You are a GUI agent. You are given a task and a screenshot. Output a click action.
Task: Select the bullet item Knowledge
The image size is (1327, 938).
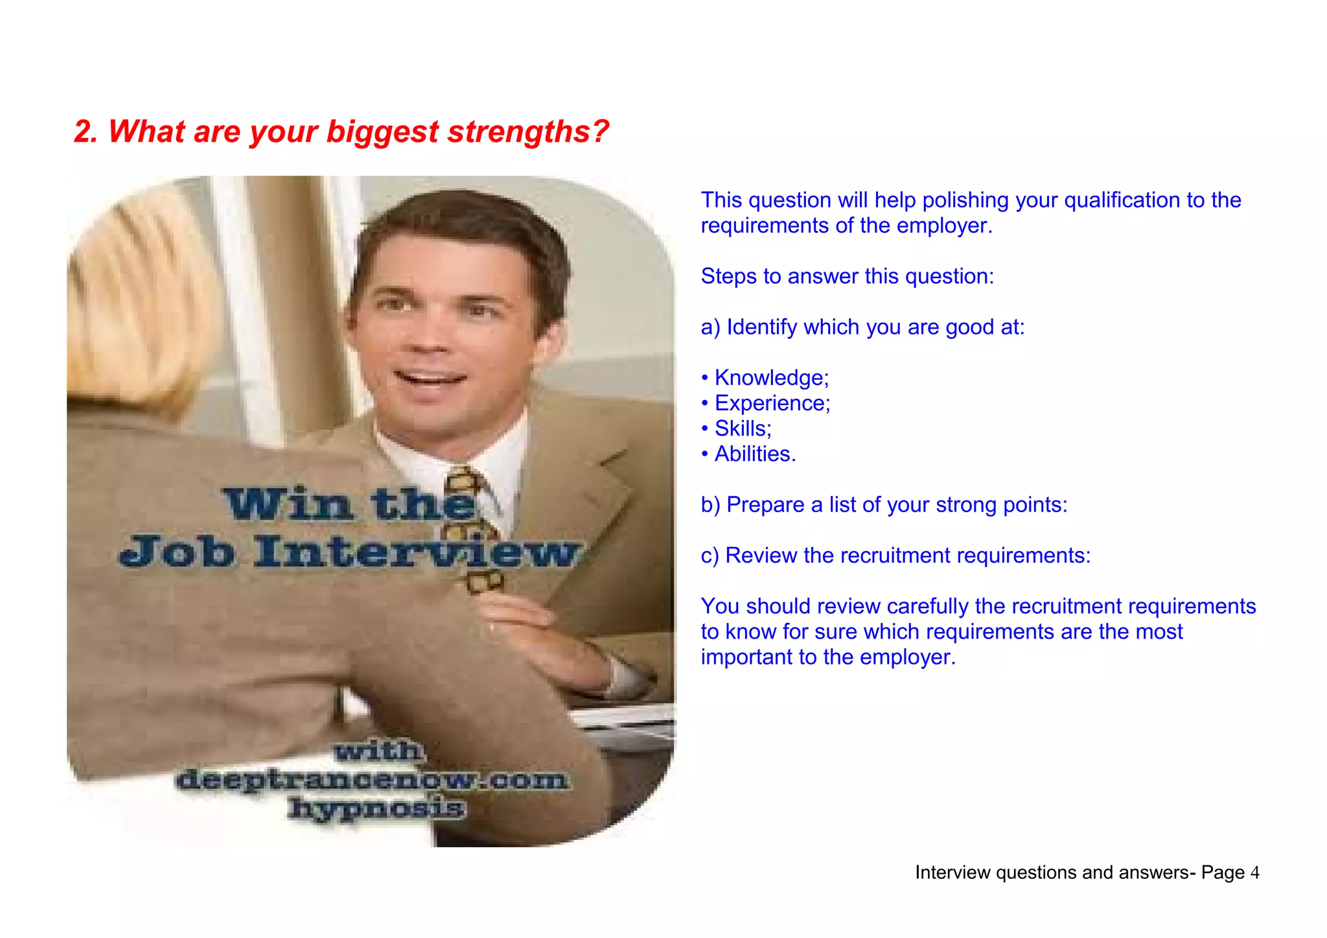point(770,378)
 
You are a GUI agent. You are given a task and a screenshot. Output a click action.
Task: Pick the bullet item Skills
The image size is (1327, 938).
point(742,428)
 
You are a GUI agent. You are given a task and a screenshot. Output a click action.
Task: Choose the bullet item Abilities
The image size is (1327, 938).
point(754,454)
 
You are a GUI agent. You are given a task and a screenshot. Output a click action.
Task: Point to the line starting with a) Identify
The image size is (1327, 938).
point(862,327)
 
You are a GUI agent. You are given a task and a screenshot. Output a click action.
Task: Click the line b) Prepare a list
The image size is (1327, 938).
point(884,505)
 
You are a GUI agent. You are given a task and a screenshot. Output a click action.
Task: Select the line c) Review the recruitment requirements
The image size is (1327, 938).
point(895,556)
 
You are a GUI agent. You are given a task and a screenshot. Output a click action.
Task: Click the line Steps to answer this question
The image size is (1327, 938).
point(847,277)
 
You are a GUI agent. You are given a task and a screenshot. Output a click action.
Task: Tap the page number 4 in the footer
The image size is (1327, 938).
point(1254,873)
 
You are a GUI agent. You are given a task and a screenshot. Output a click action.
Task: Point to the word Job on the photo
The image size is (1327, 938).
point(177,552)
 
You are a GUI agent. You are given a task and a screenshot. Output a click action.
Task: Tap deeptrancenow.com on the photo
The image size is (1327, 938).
point(372,780)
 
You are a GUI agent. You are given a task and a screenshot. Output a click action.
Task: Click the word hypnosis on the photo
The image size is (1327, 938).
point(377,808)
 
